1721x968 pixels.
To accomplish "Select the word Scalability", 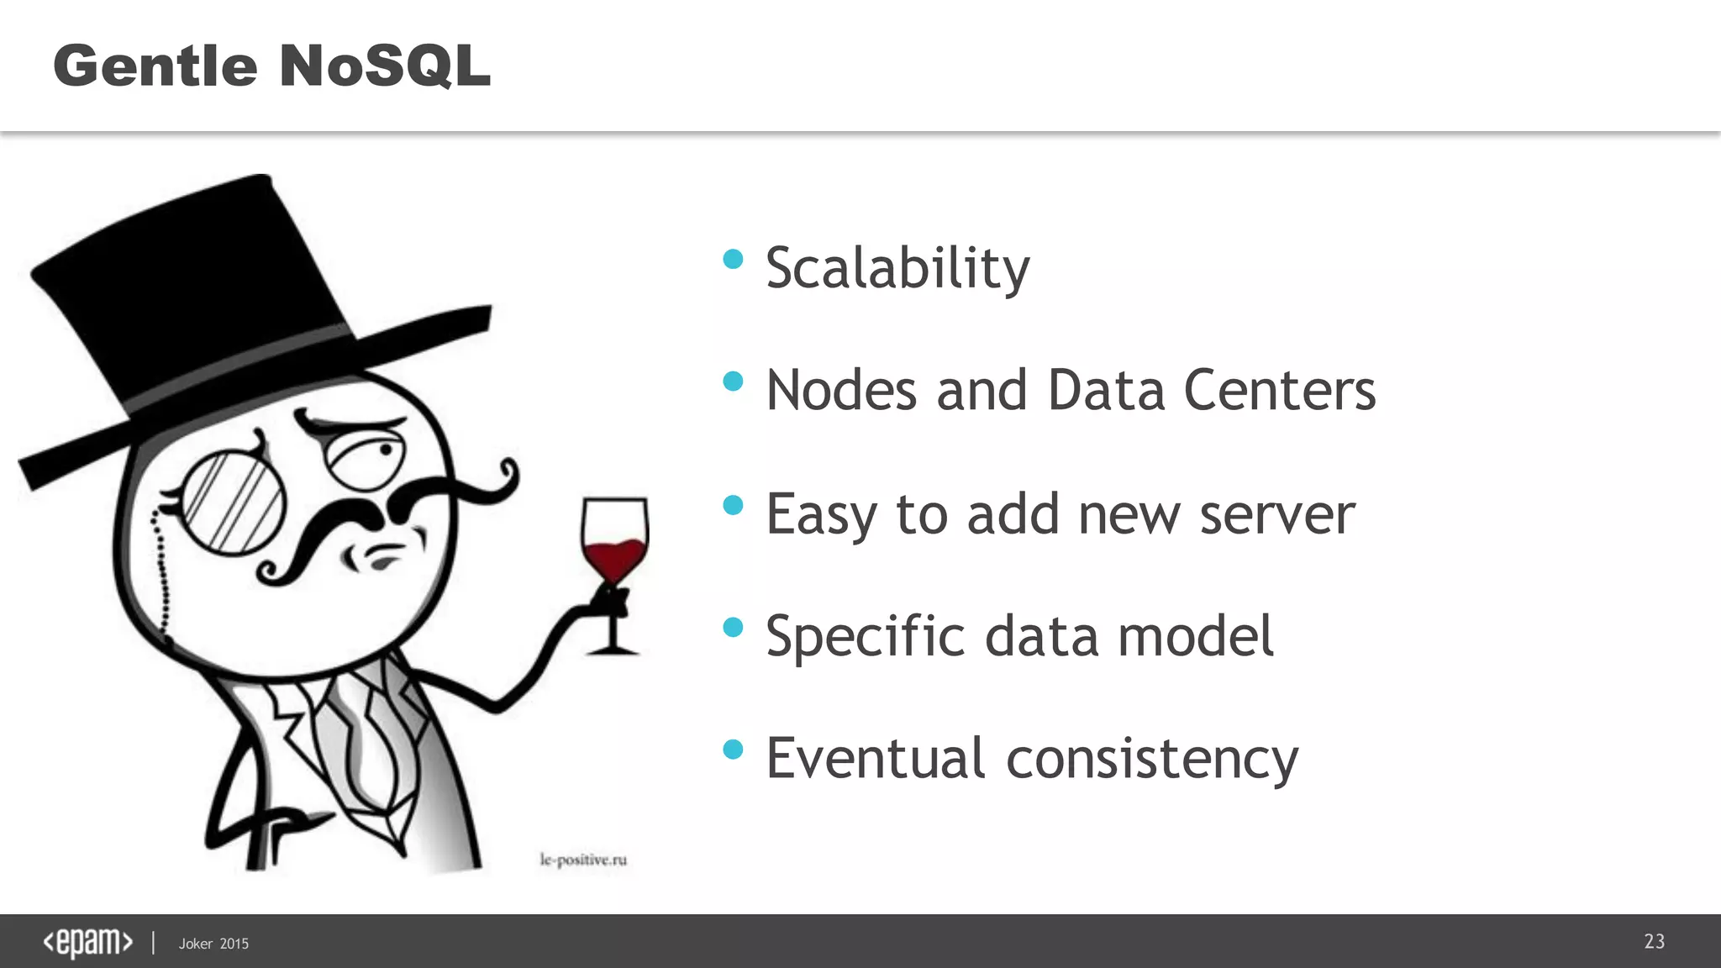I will tap(897, 269).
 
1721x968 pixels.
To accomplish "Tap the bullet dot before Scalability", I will tap(733, 259).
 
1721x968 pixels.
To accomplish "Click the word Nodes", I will tap(841, 391).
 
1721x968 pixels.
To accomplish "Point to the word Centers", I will tap(1279, 391).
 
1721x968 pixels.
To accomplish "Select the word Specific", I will tap(865, 637).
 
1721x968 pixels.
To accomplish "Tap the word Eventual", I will tap(875, 759).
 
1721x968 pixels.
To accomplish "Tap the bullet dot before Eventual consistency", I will tap(733, 749).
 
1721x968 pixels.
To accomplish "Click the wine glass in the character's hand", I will tap(614, 542).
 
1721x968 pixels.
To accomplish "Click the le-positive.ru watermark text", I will tap(583, 860).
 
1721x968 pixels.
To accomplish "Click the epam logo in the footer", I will tap(87, 942).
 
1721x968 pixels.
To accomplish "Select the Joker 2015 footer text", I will tap(213, 944).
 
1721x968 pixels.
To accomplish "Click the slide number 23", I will tap(1654, 941).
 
